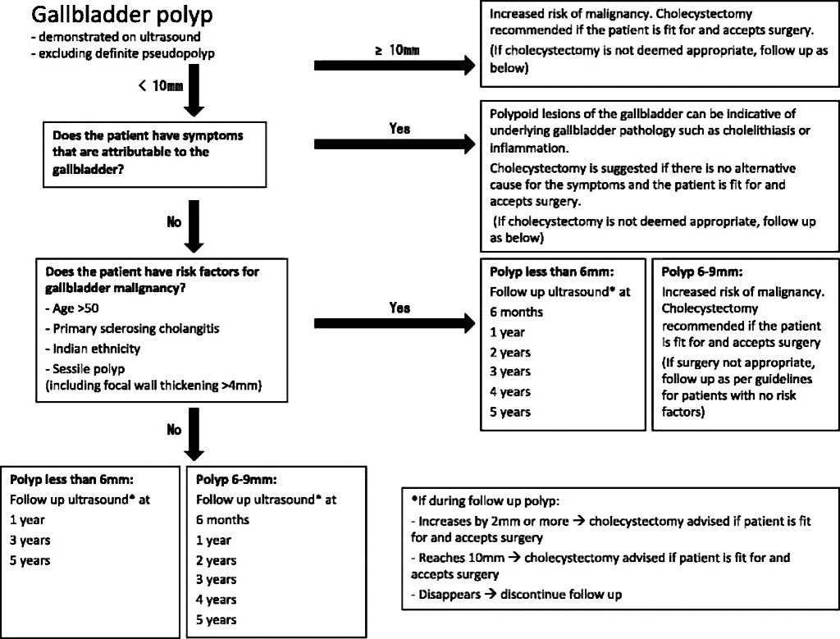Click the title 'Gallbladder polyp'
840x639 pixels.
point(121,15)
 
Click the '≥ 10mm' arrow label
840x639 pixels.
point(397,50)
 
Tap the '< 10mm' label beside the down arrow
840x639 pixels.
point(160,85)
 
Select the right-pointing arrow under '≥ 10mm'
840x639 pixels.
point(395,66)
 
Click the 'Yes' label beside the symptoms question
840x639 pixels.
point(399,129)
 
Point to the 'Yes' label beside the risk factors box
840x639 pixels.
point(399,308)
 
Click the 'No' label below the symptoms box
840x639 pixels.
point(174,221)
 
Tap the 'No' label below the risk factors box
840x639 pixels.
point(174,430)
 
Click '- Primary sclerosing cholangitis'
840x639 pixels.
point(132,328)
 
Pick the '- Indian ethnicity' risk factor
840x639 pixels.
point(93,349)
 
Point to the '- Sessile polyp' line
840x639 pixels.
point(84,369)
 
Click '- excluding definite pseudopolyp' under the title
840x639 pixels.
point(123,53)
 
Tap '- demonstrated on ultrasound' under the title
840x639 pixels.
point(116,36)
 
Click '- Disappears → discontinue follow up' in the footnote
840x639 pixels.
point(517,594)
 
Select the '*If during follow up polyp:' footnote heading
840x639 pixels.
point(486,501)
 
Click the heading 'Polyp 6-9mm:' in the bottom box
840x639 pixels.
point(236,479)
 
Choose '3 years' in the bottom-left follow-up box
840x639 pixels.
point(30,540)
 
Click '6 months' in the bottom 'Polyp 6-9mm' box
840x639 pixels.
point(222,519)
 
